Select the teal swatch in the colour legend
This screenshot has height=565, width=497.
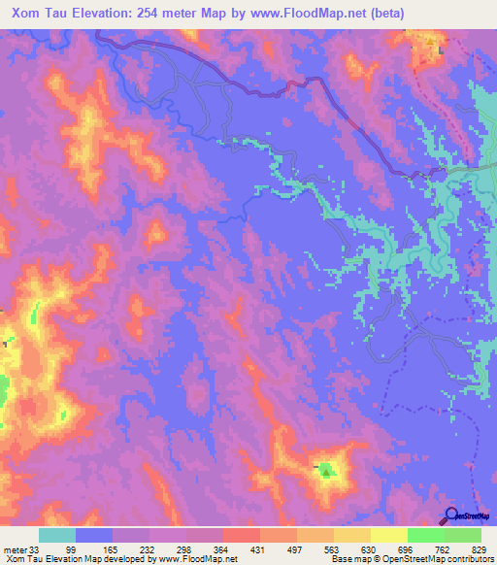57,536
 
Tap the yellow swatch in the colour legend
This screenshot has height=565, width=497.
388,536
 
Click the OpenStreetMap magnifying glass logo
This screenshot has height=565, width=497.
451,515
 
